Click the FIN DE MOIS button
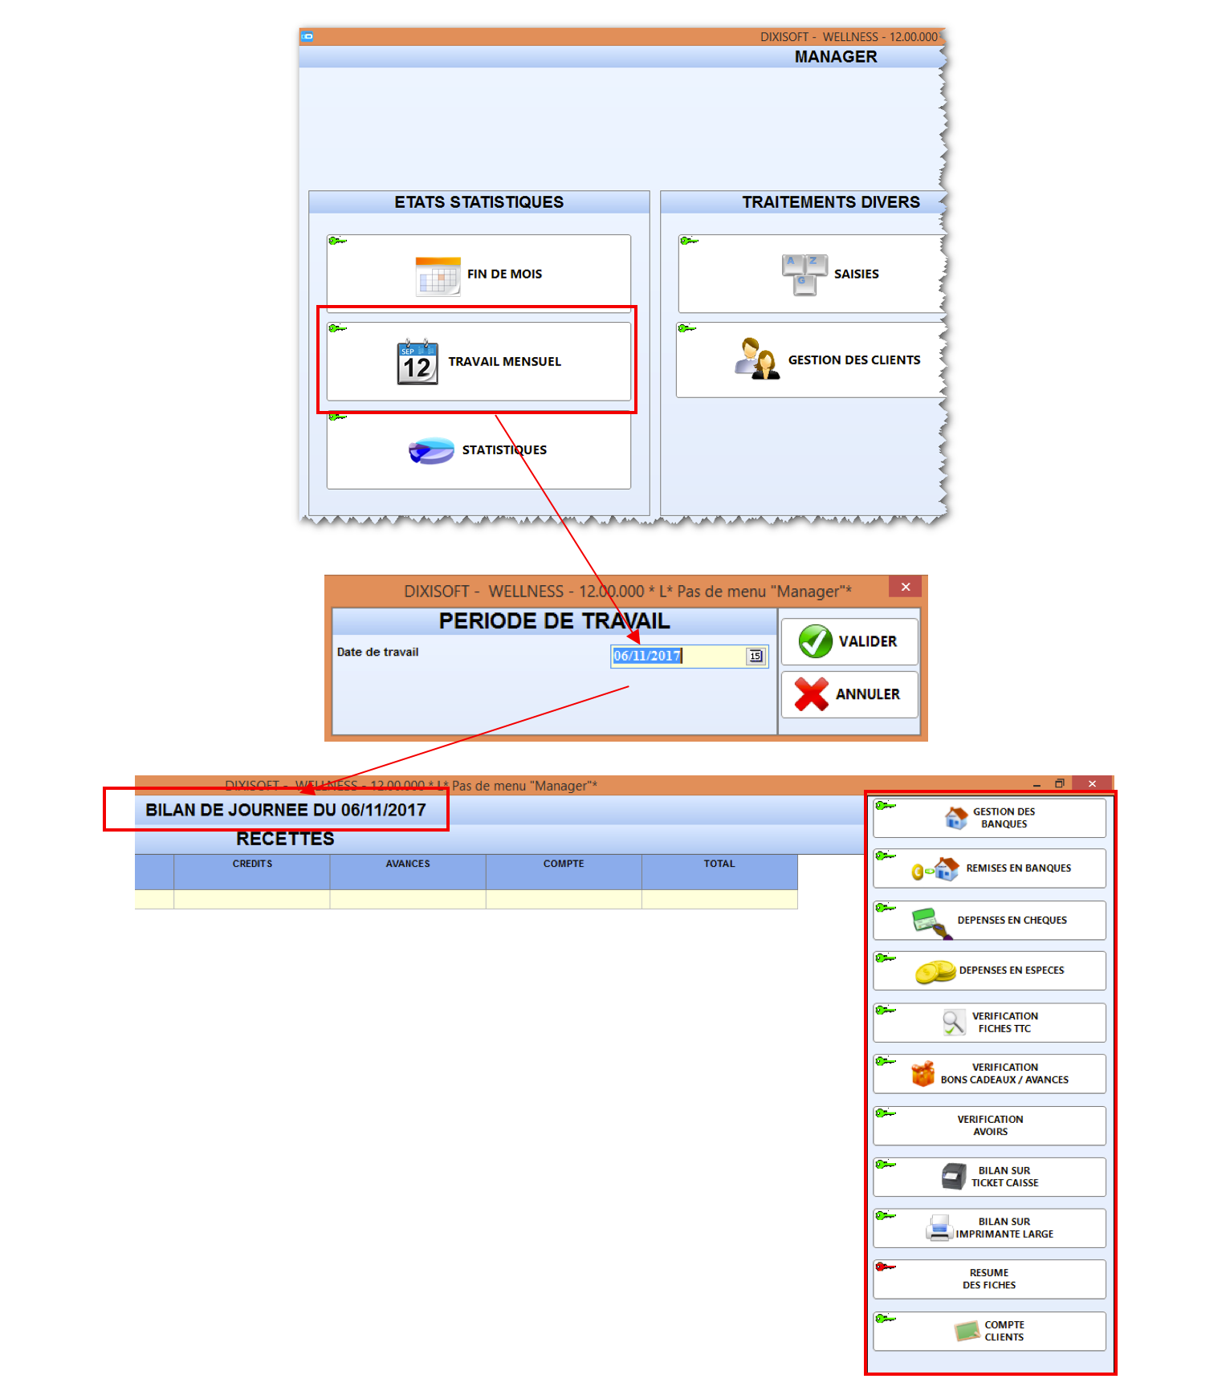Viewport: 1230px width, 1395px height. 479,273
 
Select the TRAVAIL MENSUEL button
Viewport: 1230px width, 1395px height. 479,361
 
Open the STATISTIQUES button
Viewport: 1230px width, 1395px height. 479,449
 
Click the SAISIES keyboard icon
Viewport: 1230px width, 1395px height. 804,275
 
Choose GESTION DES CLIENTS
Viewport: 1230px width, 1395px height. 809,360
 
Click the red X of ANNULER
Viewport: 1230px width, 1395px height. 811,694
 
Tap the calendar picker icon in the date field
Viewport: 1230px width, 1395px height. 756,656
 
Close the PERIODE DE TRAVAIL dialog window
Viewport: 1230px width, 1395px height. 906,587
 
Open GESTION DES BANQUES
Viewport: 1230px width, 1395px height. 989,818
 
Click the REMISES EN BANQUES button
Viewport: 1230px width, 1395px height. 989,868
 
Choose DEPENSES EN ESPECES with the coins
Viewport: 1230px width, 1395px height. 989,970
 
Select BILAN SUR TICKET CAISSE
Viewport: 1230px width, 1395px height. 989,1177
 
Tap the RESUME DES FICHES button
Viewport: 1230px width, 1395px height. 989,1279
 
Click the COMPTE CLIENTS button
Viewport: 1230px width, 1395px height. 989,1331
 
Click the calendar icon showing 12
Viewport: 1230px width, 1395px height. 417,362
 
